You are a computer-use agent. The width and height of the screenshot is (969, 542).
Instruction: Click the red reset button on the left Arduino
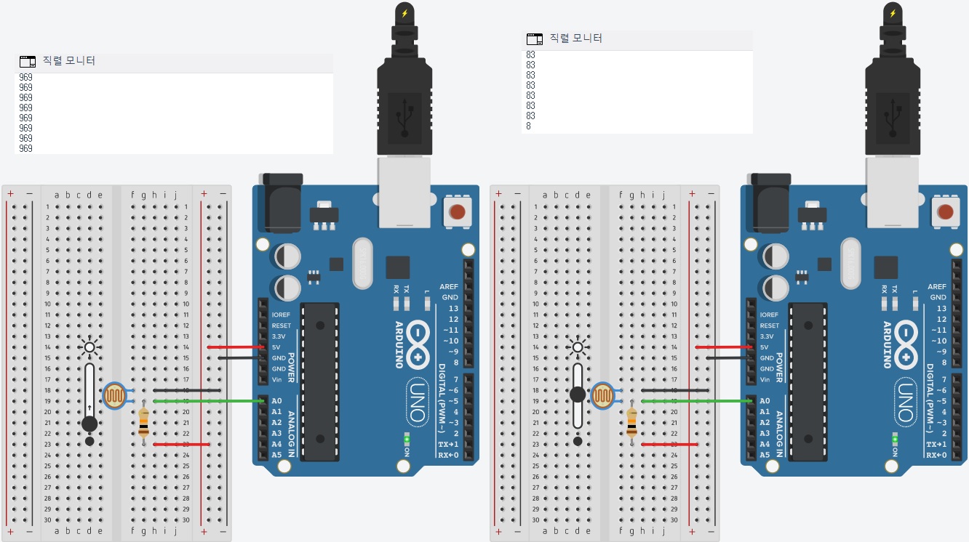tap(457, 212)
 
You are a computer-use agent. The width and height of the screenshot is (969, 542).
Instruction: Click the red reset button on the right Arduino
tap(945, 212)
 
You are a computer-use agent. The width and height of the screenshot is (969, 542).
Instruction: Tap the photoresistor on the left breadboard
tap(115, 396)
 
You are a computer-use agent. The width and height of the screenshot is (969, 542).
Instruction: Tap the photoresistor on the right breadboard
tap(603, 396)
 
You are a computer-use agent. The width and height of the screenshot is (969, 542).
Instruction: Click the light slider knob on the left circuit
tap(89, 424)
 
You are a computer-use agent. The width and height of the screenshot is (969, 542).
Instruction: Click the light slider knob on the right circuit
tap(577, 395)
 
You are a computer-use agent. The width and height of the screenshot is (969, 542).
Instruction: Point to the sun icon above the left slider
tap(89, 347)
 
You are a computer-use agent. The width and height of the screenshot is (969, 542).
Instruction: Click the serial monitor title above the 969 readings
tap(69, 61)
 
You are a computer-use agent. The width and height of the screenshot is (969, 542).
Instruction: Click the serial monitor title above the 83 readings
tap(575, 38)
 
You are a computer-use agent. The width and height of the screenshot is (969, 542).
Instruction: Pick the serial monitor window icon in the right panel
tap(535, 39)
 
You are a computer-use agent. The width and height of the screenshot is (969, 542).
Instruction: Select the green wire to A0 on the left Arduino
tap(211, 400)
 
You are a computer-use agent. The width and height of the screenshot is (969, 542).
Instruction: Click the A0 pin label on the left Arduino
tap(276, 401)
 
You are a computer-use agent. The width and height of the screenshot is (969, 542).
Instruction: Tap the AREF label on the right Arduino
tap(937, 287)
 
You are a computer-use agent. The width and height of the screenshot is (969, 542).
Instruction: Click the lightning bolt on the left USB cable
tap(404, 12)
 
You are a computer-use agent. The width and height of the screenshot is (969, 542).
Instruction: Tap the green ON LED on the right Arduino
tap(895, 440)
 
